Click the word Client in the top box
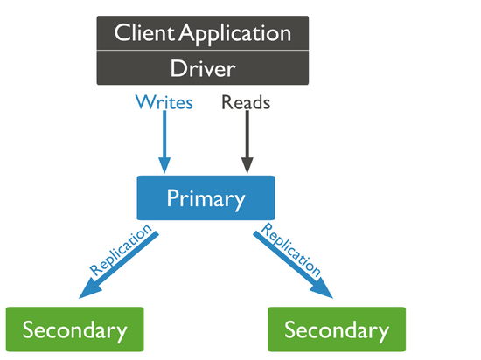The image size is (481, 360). [144, 32]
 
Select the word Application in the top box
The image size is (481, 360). [235, 35]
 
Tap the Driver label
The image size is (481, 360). [203, 68]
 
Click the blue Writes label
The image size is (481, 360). [164, 102]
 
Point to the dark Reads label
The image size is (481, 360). [246, 102]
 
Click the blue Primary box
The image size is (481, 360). [206, 197]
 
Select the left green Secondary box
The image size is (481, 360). [75, 329]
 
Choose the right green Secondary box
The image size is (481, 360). [337, 329]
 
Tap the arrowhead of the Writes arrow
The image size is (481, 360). [164, 165]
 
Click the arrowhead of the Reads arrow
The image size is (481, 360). [247, 165]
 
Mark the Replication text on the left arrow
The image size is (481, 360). [121, 250]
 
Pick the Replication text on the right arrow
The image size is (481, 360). [291, 250]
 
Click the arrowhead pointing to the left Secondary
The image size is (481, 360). [89, 288]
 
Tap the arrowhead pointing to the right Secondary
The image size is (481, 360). [322, 288]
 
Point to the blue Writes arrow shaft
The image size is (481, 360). [164, 135]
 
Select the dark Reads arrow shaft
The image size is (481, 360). [247, 135]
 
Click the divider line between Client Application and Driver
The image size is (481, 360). [203, 51]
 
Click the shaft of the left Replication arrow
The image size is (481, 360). [128, 257]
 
